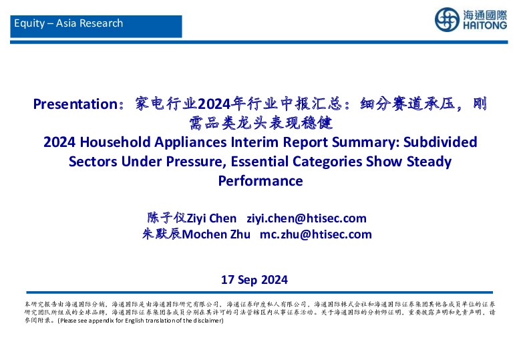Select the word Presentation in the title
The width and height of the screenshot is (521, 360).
(x=75, y=104)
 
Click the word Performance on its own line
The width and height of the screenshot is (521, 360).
(x=260, y=181)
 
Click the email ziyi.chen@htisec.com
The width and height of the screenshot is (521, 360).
(x=307, y=218)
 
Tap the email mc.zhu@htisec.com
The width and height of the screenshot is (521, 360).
(x=315, y=234)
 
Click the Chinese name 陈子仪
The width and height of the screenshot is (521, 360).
(x=164, y=218)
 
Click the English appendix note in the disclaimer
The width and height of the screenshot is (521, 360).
(x=140, y=321)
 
